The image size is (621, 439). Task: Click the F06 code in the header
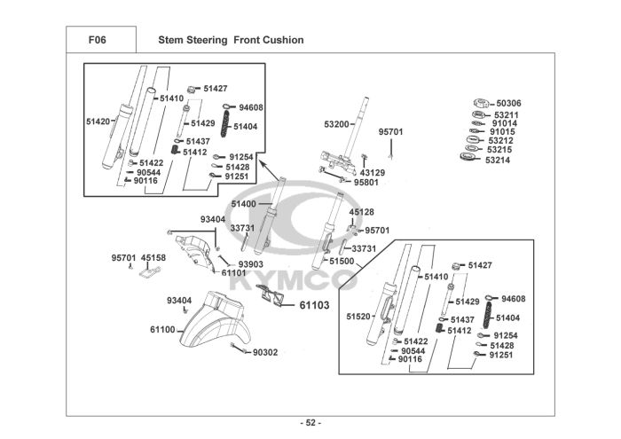(x=100, y=40)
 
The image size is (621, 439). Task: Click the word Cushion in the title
(x=283, y=40)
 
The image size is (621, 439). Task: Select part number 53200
(x=338, y=124)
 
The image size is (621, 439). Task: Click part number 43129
(x=372, y=172)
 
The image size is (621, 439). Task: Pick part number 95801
(x=366, y=183)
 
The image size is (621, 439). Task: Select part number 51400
(x=244, y=204)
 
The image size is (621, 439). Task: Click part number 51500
(x=342, y=262)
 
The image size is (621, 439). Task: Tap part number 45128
(x=362, y=212)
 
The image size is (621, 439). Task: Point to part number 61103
(x=314, y=305)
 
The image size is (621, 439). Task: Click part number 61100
(x=162, y=330)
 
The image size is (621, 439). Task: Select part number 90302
(x=265, y=352)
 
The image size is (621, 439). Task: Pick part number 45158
(x=153, y=258)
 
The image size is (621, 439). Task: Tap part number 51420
(x=98, y=121)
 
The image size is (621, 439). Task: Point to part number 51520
(x=358, y=317)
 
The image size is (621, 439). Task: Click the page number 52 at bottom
(x=310, y=422)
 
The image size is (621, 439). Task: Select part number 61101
(x=233, y=273)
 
